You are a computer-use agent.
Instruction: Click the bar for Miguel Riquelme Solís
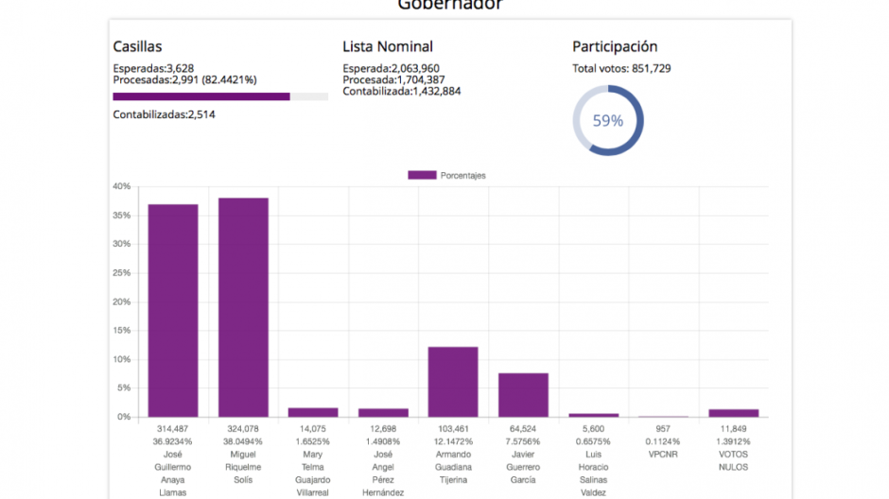pyautogui.click(x=243, y=307)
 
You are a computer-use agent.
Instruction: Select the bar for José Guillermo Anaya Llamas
pyautogui.click(x=173, y=310)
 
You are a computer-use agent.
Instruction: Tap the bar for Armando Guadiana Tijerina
pyautogui.click(x=453, y=382)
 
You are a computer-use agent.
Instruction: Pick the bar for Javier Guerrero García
pyautogui.click(x=523, y=395)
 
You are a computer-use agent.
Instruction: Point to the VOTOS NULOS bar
pyautogui.click(x=734, y=413)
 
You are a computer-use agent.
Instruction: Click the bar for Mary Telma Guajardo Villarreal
pyautogui.click(x=313, y=412)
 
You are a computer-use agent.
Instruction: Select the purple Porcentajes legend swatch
pyautogui.click(x=422, y=175)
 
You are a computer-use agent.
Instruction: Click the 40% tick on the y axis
pyautogui.click(x=121, y=186)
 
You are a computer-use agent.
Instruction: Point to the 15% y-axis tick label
pyautogui.click(x=121, y=331)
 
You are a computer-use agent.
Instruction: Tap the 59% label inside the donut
pyautogui.click(x=608, y=121)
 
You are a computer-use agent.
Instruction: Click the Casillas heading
pyautogui.click(x=137, y=46)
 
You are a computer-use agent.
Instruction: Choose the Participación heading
pyautogui.click(x=615, y=46)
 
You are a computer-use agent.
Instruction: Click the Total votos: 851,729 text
pyautogui.click(x=628, y=68)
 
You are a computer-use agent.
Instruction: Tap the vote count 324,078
pyautogui.click(x=243, y=428)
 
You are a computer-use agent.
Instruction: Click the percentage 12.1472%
pyautogui.click(x=453, y=440)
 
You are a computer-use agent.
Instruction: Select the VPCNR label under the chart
pyautogui.click(x=664, y=454)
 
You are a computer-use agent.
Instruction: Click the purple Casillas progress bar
pyautogui.click(x=201, y=96)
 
